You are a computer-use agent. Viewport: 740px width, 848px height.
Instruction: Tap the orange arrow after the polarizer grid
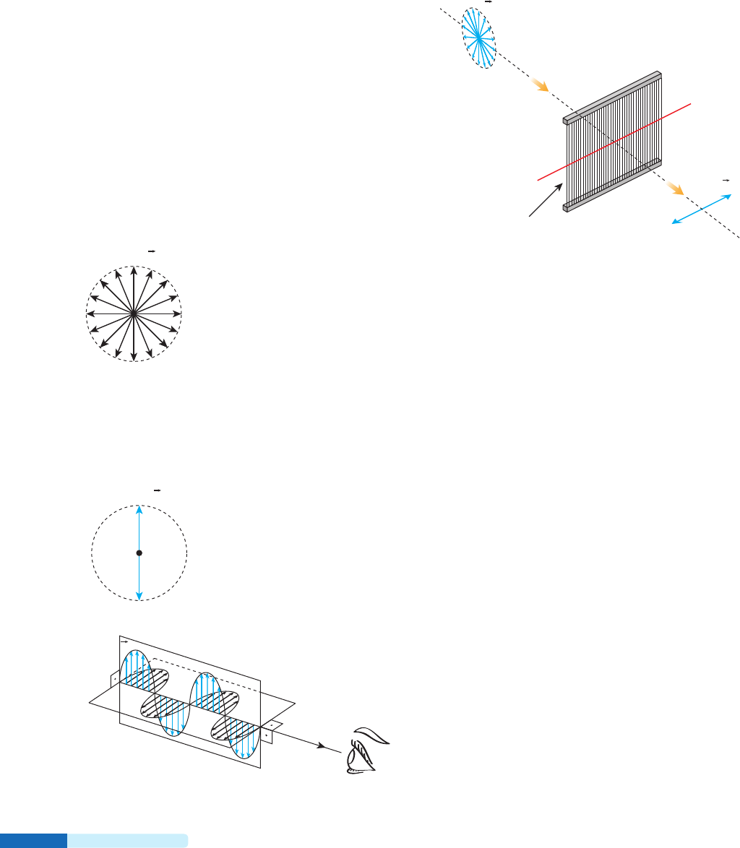(x=674, y=189)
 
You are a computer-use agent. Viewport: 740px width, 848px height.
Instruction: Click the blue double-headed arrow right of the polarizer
(x=702, y=209)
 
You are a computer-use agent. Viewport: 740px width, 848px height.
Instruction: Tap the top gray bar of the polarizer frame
(x=611, y=95)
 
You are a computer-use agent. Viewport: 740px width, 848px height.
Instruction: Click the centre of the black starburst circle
(x=134, y=313)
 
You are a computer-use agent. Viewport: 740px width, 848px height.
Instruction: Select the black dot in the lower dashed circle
(x=139, y=553)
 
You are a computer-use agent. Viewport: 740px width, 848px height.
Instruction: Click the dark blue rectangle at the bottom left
(x=33, y=840)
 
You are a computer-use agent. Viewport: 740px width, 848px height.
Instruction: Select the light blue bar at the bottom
(x=127, y=840)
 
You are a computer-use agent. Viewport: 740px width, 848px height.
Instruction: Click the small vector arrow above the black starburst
(x=152, y=251)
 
